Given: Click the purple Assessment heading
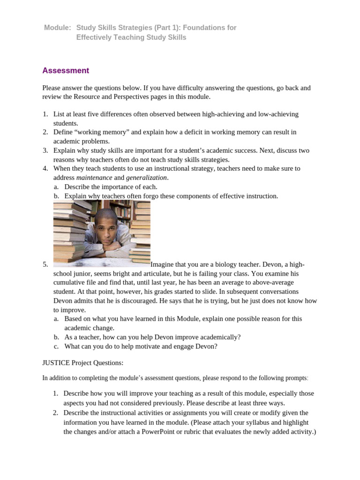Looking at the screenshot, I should tap(65, 71).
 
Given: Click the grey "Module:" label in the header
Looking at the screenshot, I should tap(57, 28).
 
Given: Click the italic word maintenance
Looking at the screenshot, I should tap(94, 178).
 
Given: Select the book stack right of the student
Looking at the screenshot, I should tap(140, 234).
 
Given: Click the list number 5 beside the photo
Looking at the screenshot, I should tap(45, 264).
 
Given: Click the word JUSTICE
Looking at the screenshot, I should tap(56, 363).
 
